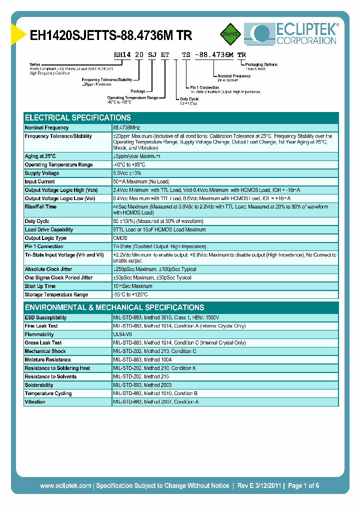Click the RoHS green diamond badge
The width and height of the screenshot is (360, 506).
pyautogui.click(x=230, y=34)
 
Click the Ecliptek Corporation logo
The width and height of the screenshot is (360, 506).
pyautogui.click(x=290, y=33)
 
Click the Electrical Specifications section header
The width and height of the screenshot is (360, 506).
pyautogui.click(x=78, y=118)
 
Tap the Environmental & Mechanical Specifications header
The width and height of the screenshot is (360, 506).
pyautogui.click(x=114, y=307)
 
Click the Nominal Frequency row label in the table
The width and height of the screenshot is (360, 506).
pyautogui.click(x=47, y=128)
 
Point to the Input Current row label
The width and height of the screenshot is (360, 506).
pyautogui.click(x=40, y=181)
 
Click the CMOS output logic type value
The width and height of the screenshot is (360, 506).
pyautogui.click(x=120, y=238)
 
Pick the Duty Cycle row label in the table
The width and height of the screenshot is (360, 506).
pyautogui.click(x=37, y=221)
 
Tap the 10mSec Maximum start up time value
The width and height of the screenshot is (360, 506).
pyautogui.click(x=132, y=286)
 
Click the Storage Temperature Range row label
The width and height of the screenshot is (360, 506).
pyautogui.click(x=56, y=294)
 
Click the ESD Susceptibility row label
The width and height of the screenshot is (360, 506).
pyautogui.click(x=45, y=317)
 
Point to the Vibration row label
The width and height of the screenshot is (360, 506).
pyautogui.click(x=35, y=402)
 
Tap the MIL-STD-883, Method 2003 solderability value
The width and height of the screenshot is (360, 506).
pyautogui.click(x=142, y=385)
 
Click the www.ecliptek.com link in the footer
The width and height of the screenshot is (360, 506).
pyautogui.click(x=65, y=485)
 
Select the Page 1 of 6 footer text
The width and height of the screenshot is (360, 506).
pyautogui.click(x=303, y=485)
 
